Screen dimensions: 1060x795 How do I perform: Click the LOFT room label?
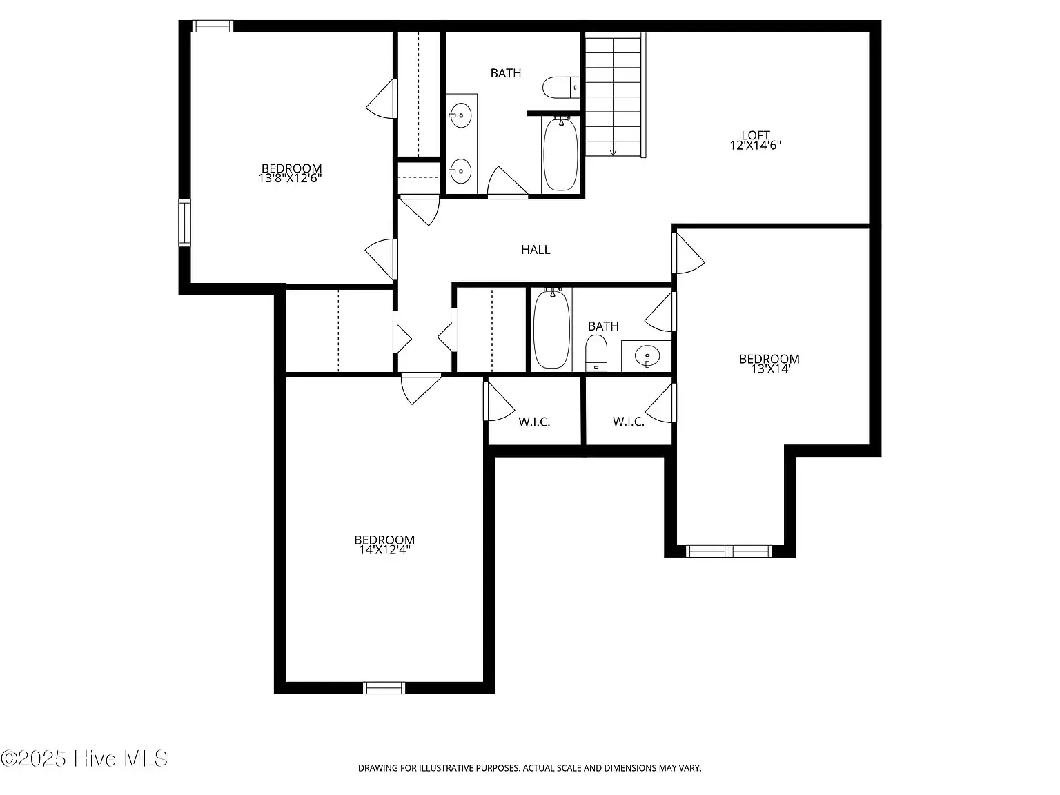click(x=755, y=135)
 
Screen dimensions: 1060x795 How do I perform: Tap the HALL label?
click(x=536, y=250)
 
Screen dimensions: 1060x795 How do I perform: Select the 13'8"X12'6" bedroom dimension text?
click(x=290, y=178)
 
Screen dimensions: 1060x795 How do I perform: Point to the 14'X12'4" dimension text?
click(x=384, y=550)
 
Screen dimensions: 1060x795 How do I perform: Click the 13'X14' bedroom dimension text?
click(x=770, y=369)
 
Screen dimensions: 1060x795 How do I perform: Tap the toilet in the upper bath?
click(x=561, y=88)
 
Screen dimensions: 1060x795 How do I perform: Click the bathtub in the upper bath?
click(x=560, y=153)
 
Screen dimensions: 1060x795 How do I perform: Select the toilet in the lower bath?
click(x=596, y=353)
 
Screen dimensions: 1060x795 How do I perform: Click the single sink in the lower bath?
click(x=647, y=357)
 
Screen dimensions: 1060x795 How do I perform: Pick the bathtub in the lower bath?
click(x=551, y=329)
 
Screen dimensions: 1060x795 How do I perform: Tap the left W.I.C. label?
click(x=534, y=422)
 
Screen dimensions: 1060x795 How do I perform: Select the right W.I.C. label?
click(x=628, y=422)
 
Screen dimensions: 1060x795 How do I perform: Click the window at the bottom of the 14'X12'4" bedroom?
click(x=384, y=687)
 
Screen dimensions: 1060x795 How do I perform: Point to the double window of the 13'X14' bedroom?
click(x=729, y=551)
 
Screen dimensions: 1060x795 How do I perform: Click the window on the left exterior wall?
click(x=184, y=222)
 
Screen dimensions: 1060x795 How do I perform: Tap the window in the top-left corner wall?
click(x=213, y=26)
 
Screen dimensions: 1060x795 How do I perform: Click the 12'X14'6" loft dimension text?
click(x=755, y=146)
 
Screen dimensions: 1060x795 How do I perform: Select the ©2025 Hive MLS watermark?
click(x=84, y=758)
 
